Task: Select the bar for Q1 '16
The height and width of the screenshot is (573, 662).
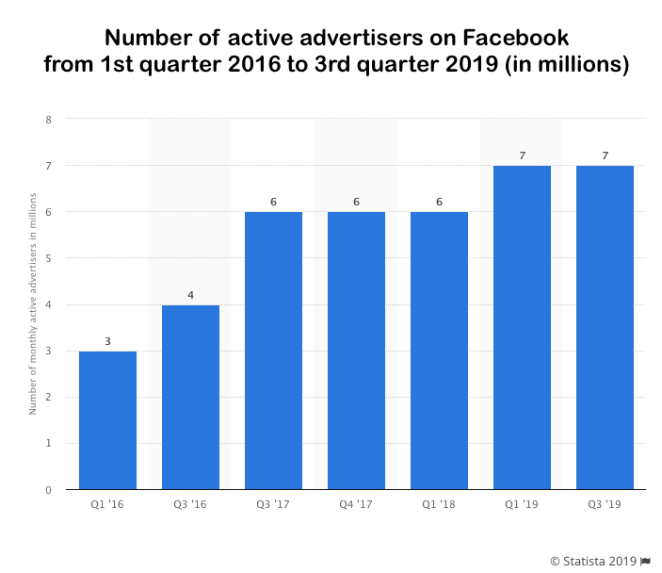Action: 107,420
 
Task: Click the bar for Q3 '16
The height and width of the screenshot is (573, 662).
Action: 190,397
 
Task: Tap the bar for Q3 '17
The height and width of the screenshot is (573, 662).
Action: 273,351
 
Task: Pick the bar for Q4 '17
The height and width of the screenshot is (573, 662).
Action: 356,351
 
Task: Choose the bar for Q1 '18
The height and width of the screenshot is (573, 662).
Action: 439,351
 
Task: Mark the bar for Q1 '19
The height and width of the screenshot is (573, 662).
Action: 522,327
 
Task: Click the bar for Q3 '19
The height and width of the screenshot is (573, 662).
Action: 605,327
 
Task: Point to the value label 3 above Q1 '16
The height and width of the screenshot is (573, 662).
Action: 107,341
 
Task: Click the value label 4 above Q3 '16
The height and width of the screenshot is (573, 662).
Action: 190,295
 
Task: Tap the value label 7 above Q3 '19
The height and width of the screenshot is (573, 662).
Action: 605,156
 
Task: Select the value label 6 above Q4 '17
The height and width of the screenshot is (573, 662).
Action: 356,202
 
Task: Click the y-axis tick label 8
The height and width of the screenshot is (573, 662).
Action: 48,120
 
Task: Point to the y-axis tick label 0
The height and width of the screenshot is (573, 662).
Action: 48,490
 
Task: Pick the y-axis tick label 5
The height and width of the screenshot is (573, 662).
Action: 48,258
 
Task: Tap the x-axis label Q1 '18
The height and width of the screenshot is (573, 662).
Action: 439,506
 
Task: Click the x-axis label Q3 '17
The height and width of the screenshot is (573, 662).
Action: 273,506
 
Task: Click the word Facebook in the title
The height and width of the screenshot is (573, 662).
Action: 516,38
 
